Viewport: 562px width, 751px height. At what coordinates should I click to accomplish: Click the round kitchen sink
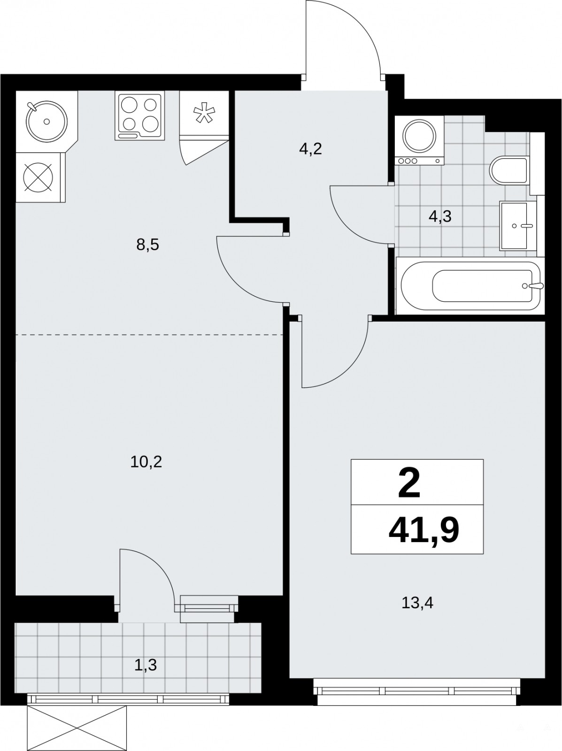[46, 121]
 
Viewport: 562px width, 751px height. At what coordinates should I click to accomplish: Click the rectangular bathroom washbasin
[518, 225]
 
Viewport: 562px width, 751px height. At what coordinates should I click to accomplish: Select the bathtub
[470, 286]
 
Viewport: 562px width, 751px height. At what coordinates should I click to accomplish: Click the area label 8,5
[148, 245]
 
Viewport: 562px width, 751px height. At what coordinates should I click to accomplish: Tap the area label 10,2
[146, 462]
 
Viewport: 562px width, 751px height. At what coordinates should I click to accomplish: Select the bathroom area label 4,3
[440, 216]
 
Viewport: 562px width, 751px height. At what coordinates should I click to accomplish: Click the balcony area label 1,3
[145, 665]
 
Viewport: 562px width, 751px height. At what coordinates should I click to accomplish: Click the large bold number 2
[409, 484]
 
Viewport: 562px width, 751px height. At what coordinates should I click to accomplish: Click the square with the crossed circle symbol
[38, 177]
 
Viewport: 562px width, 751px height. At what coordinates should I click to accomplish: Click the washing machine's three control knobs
[407, 161]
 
